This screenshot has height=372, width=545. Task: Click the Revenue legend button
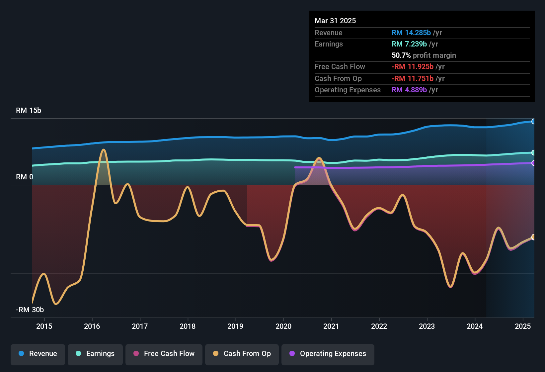(x=38, y=354)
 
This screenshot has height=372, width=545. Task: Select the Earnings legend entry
(x=95, y=354)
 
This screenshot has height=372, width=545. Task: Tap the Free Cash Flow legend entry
(x=164, y=354)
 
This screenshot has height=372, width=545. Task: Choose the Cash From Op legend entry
(x=242, y=354)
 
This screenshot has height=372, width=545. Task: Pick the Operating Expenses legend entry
(x=328, y=354)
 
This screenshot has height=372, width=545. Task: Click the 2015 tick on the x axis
(x=44, y=326)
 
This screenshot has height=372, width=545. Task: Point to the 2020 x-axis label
(x=283, y=326)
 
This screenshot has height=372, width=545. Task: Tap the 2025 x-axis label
(x=523, y=326)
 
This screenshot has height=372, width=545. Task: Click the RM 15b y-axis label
(x=29, y=111)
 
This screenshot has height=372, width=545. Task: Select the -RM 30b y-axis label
(x=30, y=310)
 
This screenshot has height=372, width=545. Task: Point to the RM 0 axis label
(x=25, y=177)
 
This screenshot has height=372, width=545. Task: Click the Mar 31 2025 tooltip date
(x=335, y=21)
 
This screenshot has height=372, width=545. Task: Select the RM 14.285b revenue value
(x=411, y=33)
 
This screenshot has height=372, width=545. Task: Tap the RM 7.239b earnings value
(x=409, y=44)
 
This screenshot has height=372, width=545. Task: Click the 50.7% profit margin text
(x=424, y=55)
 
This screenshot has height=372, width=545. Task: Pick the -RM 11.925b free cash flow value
(x=412, y=67)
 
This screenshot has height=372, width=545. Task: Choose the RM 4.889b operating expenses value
(x=409, y=90)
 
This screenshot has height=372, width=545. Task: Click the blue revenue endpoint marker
(x=533, y=122)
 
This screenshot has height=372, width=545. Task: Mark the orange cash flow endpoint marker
(x=533, y=237)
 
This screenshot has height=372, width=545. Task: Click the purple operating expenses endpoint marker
(x=533, y=163)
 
